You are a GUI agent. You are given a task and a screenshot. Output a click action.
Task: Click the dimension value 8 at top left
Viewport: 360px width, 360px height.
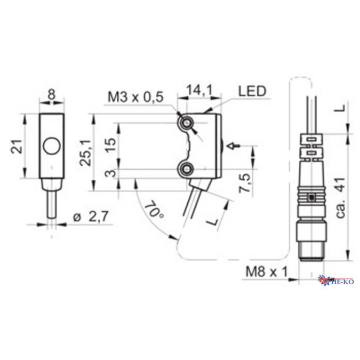(51, 94)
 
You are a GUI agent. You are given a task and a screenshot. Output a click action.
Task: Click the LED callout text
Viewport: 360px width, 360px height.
(252, 92)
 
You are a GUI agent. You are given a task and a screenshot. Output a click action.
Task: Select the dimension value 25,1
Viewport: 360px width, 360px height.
(85, 153)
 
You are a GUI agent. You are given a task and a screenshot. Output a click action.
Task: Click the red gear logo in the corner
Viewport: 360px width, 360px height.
(323, 279)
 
